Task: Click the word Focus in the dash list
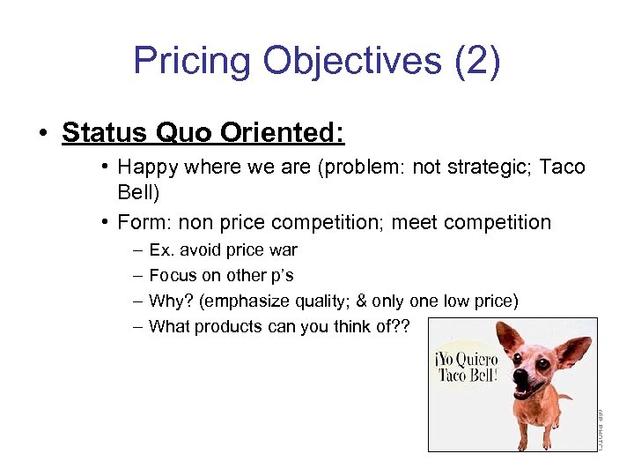click(172, 275)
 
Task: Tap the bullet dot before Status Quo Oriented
click(41, 134)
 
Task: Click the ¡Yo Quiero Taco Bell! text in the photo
click(465, 366)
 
